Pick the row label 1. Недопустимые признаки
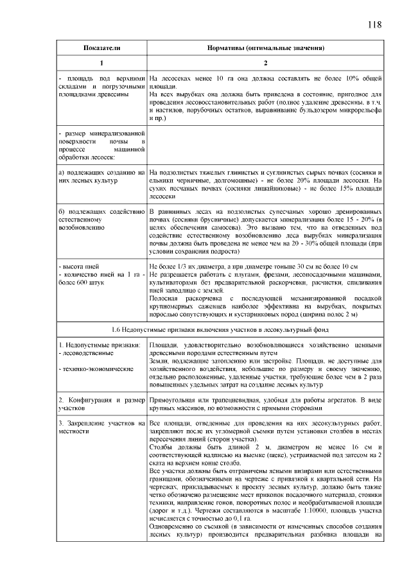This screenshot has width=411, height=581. click(x=99, y=345)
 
